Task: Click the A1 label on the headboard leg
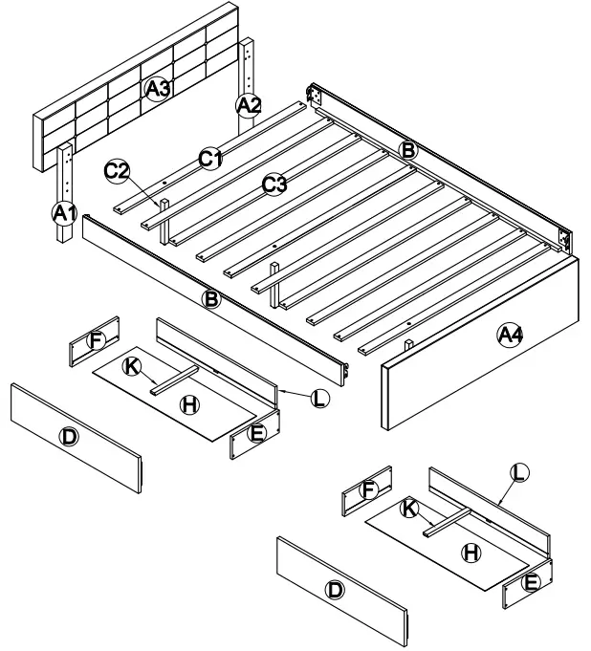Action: [63, 213]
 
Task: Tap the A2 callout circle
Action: [248, 105]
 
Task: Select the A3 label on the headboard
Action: [158, 89]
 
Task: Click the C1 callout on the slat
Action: [210, 158]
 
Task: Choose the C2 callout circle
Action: [117, 171]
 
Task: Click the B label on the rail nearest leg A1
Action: [212, 299]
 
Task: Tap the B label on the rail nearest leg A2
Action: [407, 149]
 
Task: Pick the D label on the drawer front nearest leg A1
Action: [69, 437]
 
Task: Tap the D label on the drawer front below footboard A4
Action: [335, 590]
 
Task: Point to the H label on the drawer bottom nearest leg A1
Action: [189, 404]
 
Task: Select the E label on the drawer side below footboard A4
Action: [532, 581]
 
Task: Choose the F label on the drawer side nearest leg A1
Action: [95, 338]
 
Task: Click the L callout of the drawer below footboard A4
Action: [519, 471]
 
